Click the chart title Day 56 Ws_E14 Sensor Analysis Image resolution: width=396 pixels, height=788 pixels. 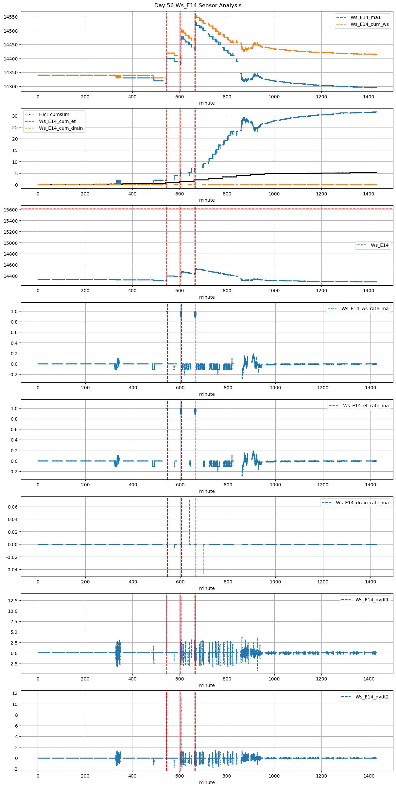[198, 5]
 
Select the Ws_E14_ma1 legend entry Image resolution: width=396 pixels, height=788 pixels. [365, 17]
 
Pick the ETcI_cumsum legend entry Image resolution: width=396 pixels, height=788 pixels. [54, 114]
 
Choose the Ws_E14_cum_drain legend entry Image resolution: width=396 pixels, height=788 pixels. [61, 128]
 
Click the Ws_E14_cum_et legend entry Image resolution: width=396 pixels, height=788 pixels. [57, 121]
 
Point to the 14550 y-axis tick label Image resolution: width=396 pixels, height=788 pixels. [11, 17]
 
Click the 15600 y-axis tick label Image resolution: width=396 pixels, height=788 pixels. [11, 210]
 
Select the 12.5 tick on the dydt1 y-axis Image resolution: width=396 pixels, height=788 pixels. [13, 601]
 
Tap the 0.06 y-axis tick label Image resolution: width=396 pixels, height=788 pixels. [13, 507]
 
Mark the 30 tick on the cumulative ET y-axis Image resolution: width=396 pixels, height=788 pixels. [15, 116]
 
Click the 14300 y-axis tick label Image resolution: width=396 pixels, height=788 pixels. [11, 87]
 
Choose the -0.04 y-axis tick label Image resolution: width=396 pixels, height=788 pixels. [12, 570]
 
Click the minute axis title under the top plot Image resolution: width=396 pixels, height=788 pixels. [207, 103]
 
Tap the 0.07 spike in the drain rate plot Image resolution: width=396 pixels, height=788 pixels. [189, 500]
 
